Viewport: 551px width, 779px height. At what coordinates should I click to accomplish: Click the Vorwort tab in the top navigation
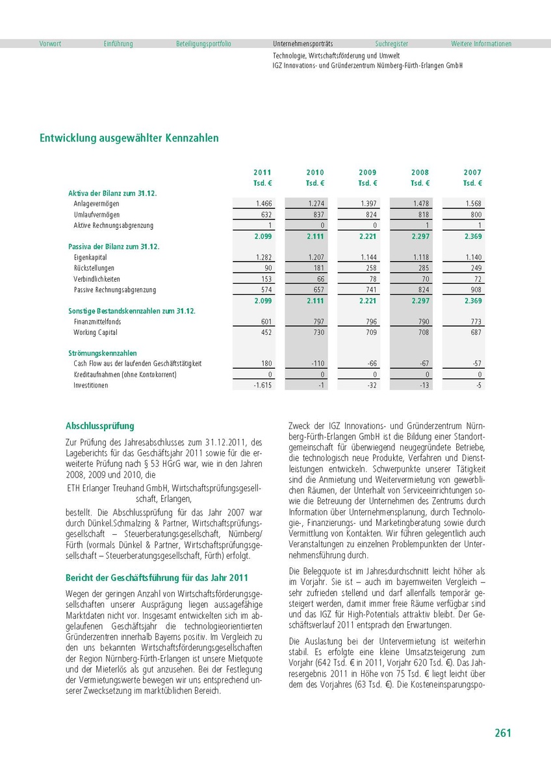[50, 44]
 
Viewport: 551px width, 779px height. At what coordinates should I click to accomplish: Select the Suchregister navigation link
[392, 44]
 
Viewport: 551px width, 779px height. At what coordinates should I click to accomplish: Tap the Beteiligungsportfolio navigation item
[203, 44]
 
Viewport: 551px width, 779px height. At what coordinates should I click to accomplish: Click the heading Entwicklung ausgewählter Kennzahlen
[129, 138]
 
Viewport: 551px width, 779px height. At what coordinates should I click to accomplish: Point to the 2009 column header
[368, 173]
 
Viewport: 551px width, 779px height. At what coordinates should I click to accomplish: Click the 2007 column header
[472, 173]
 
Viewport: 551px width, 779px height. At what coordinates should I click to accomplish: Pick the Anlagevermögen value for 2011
[264, 204]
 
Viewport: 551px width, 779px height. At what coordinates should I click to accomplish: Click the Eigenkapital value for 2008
[420, 258]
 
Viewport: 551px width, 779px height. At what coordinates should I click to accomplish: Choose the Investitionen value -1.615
[262, 386]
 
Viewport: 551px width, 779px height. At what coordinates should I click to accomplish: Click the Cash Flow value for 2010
[316, 364]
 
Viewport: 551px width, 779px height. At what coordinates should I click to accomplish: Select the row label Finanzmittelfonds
[97, 322]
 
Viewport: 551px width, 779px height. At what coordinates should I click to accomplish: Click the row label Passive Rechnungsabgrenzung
[115, 290]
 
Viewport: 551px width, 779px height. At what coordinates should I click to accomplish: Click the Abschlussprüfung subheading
[100, 427]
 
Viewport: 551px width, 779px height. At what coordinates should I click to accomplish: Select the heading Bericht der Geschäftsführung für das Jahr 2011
[157, 578]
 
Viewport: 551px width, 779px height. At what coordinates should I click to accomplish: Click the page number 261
[502, 733]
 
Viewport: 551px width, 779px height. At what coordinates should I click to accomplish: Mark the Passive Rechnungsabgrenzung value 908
[475, 290]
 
